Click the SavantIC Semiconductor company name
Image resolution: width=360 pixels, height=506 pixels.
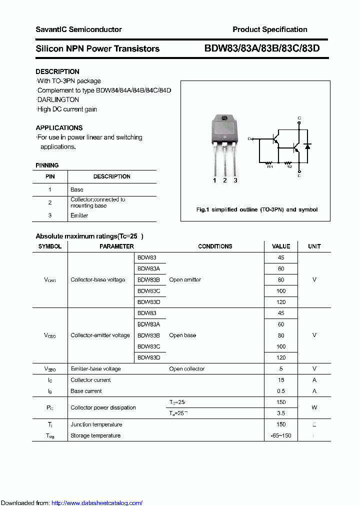78,29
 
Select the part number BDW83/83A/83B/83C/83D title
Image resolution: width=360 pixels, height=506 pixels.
261,48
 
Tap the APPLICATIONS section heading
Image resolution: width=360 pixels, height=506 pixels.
59,127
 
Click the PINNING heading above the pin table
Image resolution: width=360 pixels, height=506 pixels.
47,165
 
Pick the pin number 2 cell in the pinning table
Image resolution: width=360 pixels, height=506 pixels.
50,202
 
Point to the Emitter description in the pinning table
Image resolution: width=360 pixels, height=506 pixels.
79,215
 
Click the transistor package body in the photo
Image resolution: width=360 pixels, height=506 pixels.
224,129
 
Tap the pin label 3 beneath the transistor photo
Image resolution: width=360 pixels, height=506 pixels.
235,180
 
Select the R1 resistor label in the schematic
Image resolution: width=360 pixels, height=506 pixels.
270,167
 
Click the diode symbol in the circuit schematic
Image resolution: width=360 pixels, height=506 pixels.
307,146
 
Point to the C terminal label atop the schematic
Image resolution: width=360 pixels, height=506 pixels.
299,118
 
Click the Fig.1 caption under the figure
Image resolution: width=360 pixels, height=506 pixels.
256,209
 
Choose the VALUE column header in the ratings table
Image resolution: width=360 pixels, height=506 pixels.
280,246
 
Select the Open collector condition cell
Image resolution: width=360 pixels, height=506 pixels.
186,369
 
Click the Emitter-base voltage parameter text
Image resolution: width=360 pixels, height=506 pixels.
95,369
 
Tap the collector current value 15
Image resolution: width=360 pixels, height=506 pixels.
280,380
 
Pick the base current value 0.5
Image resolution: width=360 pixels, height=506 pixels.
280,391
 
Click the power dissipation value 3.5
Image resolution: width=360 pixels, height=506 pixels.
280,413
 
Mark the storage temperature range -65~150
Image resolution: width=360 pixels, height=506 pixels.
280,435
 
